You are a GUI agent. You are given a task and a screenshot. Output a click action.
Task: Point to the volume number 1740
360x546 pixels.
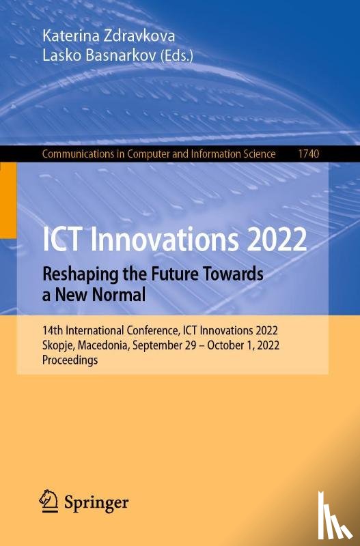[x=307, y=154]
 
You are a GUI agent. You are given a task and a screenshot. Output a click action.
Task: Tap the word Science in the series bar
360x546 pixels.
[x=256, y=154]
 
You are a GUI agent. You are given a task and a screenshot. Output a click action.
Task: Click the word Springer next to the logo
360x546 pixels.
[x=96, y=503]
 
